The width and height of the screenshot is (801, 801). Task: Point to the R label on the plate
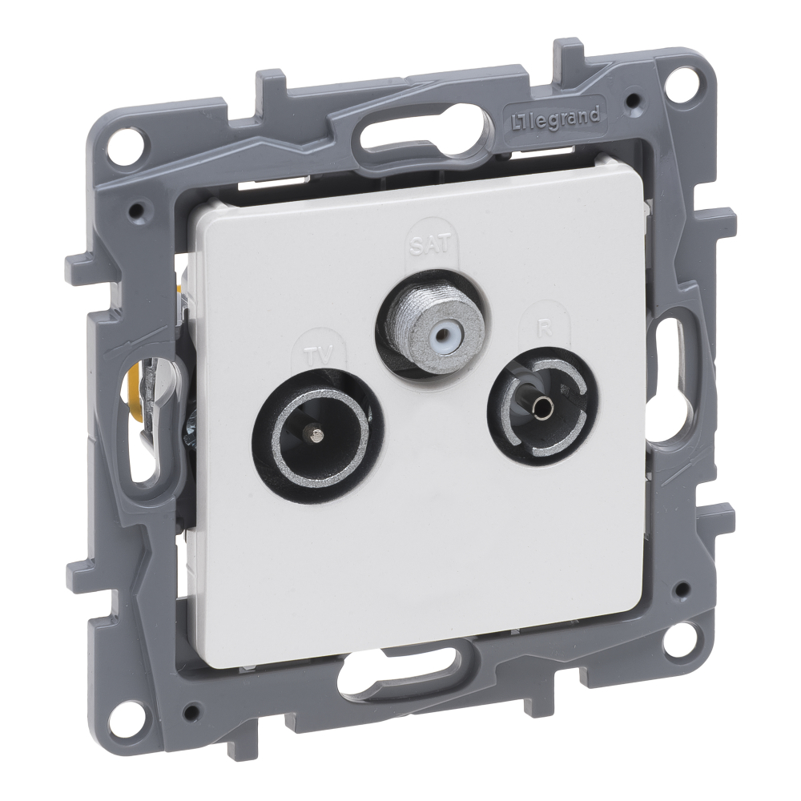pos(545,328)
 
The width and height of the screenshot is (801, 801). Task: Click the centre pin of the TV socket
pos(315,435)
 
